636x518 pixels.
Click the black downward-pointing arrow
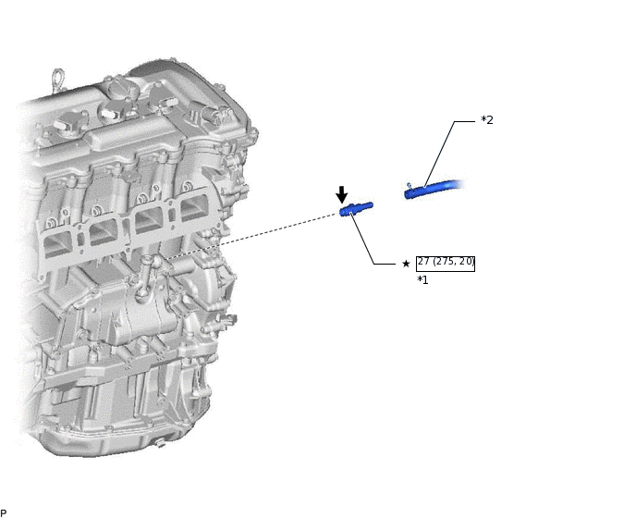point(342,194)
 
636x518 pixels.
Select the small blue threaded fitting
point(356,209)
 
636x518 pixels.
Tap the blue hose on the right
point(434,190)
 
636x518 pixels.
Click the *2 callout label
point(487,120)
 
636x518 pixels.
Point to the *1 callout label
point(422,279)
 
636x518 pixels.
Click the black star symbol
point(406,264)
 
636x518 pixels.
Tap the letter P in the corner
point(4,513)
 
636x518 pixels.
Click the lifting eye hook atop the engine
point(58,80)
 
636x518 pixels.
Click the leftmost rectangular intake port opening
point(58,245)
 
